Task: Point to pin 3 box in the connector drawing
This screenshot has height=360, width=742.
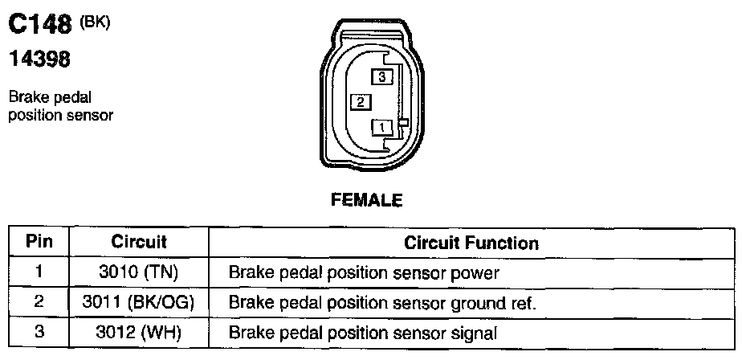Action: pos(381,76)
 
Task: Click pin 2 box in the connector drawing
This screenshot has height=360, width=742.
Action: pos(361,102)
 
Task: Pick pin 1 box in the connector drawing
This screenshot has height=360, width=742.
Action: pos(381,127)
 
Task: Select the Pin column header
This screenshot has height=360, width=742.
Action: pos(39,241)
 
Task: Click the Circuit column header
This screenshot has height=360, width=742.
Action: pos(139,241)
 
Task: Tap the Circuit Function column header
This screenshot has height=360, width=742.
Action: pos(471,242)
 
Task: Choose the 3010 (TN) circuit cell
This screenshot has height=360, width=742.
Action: pos(139,272)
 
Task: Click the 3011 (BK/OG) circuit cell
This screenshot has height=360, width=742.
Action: pos(139,303)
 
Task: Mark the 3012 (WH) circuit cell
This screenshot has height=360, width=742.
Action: pos(139,333)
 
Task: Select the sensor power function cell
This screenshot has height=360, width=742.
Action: pos(365,273)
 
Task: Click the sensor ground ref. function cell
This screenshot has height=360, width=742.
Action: pos(382,304)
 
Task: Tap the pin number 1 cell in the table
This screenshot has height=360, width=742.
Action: pos(39,272)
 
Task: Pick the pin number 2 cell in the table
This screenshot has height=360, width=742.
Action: pos(39,303)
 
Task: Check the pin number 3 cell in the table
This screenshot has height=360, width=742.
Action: pos(39,333)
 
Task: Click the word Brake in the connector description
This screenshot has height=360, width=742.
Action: pos(27,99)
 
